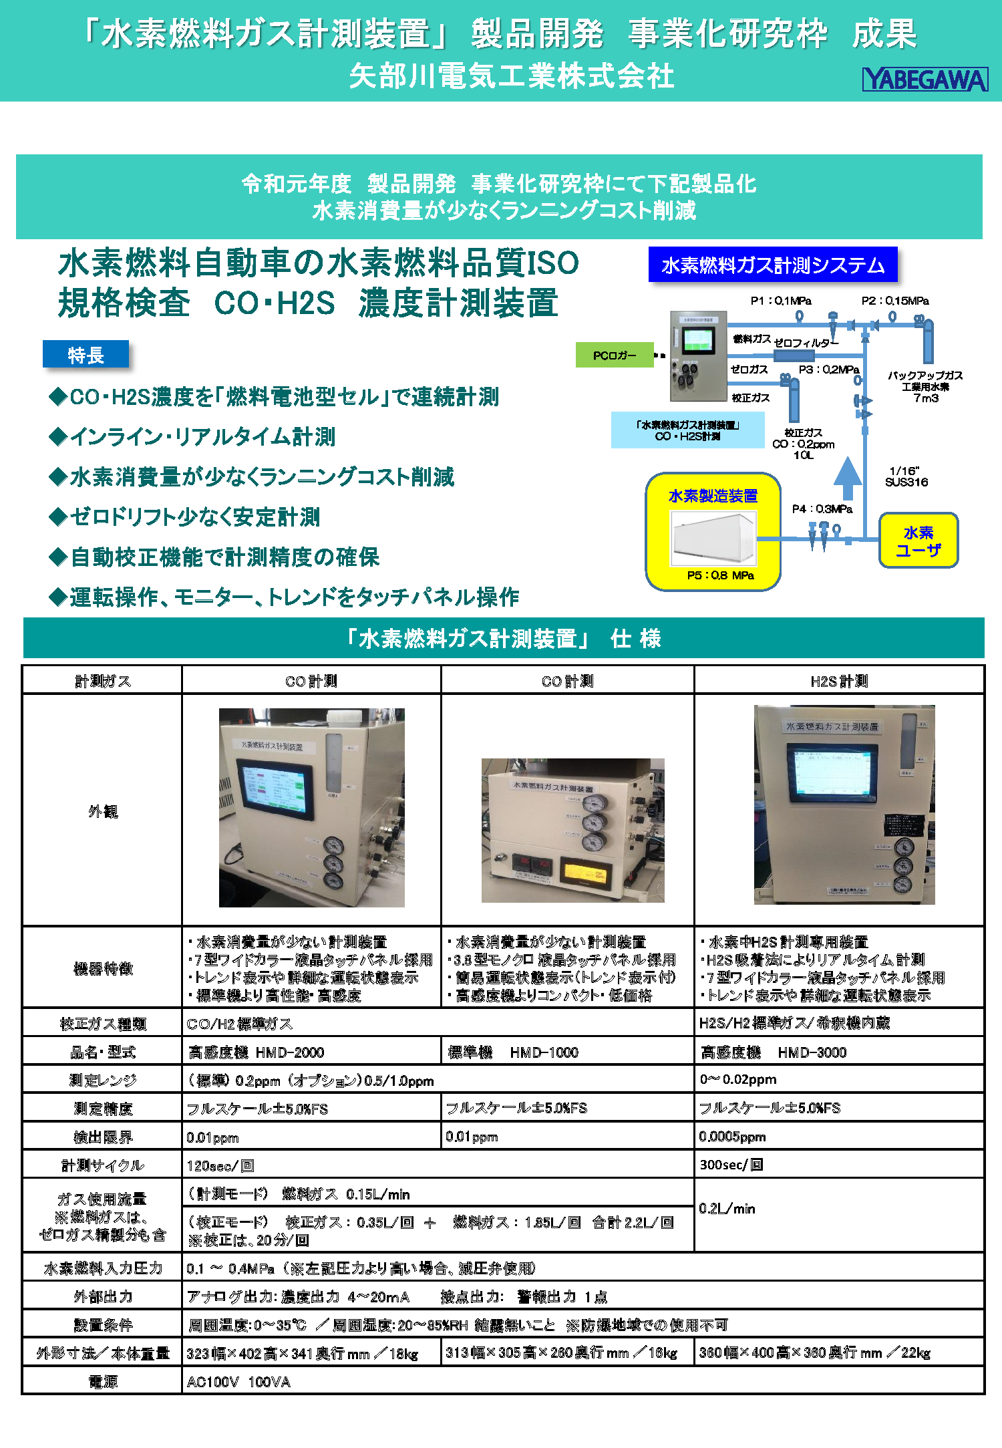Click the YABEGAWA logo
coord(925,80)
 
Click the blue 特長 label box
coord(86,355)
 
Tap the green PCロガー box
coord(615,355)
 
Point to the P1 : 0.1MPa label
coord(780,301)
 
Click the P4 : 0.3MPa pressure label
coord(822,509)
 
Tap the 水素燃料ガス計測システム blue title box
coord(773,265)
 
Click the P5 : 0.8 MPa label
coord(720,575)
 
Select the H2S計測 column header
coord(839,681)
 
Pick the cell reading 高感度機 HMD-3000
coord(774,1052)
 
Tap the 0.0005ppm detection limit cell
coord(732,1137)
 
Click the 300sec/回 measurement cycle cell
coord(731,1165)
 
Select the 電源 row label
coord(102,1381)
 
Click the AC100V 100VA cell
coord(238,1382)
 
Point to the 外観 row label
coord(102,811)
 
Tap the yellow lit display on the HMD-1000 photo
coord(586,872)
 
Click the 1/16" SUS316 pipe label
coord(906,476)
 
